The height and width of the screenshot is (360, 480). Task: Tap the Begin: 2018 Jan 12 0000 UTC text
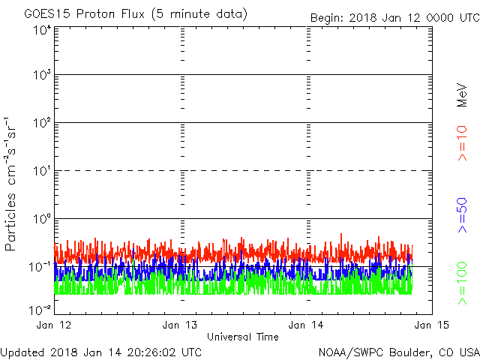pos(395,18)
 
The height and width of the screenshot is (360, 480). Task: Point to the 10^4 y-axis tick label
pos(43,30)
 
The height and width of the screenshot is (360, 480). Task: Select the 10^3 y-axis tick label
pos(43,75)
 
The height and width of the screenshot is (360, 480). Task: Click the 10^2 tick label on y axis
pos(43,123)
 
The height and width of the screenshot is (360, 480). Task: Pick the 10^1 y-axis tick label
pos(43,171)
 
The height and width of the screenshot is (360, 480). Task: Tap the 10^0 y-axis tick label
pos(43,219)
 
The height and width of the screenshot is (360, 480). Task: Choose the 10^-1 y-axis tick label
pos(40,267)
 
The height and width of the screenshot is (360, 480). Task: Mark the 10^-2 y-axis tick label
pos(40,310)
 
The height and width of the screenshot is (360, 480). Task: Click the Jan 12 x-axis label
pos(54,325)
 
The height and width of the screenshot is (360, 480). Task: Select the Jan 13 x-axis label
pos(180,325)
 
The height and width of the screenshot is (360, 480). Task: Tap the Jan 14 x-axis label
pos(306,325)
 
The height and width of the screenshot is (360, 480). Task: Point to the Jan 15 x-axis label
pos(432,325)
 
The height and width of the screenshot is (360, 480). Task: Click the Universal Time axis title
pos(243,337)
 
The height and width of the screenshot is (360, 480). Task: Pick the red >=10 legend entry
pos(462,143)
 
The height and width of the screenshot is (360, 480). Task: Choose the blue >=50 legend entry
pos(462,215)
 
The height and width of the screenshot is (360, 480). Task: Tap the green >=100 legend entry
pos(462,283)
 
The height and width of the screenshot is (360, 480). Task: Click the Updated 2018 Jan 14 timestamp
pos(101,352)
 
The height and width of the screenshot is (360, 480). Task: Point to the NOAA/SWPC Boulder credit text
pos(399,352)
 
